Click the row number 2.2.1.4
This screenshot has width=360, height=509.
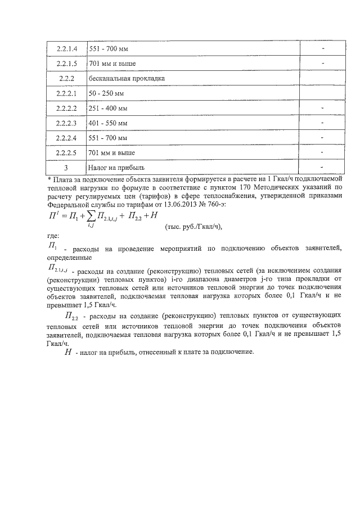pos(66,48)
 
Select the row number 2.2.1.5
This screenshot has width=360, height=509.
pos(66,64)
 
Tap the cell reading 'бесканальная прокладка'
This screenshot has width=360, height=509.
pos(126,78)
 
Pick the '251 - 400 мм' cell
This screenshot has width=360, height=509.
pos(108,108)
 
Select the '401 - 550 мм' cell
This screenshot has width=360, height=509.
pos(108,123)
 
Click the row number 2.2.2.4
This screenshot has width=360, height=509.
pos(66,137)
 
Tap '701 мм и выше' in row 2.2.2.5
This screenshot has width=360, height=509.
pos(112,152)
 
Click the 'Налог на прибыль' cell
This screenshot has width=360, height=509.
pos(116,168)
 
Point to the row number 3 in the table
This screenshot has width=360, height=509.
pos(66,168)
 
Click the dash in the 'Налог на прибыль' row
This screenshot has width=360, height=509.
pos(322,167)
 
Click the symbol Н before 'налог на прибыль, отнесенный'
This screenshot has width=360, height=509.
pos(68,352)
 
